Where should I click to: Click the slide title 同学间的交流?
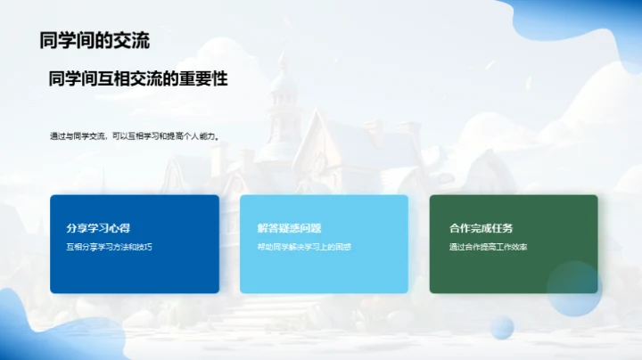(x=95, y=40)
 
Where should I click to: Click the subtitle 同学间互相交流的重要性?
(x=138, y=79)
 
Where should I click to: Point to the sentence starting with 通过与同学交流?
(x=135, y=136)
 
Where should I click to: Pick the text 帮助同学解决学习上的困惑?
(x=304, y=247)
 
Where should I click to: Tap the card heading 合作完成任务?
(x=481, y=228)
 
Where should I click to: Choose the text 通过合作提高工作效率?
(x=489, y=247)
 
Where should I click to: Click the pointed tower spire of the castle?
(x=283, y=67)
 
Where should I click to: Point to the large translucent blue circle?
(x=574, y=289)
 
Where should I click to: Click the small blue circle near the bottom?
(x=503, y=327)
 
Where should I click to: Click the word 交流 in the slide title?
(x=131, y=40)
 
